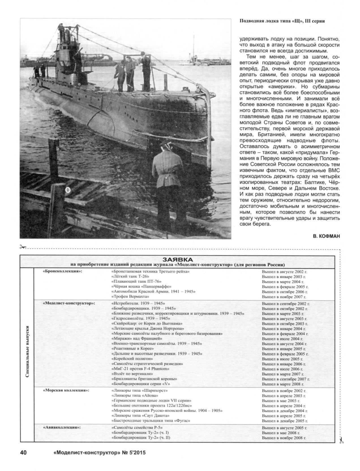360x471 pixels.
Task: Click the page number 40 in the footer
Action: tap(23, 452)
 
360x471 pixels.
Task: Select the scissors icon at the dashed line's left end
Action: tap(23, 247)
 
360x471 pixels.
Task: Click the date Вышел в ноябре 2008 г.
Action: tap(284, 438)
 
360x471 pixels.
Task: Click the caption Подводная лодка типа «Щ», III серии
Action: tap(282, 21)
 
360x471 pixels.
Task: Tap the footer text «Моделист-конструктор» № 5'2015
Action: tap(99, 453)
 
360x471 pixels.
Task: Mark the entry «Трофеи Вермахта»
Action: tap(130, 297)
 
